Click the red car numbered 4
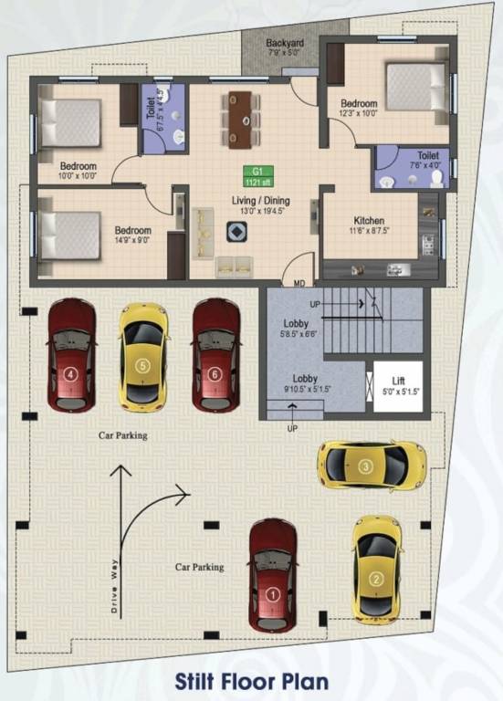pos(72,355)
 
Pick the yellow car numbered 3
pos(372,465)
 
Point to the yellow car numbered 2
pos(375,568)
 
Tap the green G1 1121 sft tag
pos(257,175)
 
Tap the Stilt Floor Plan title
pos(251,681)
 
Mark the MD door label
pos(299,284)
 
